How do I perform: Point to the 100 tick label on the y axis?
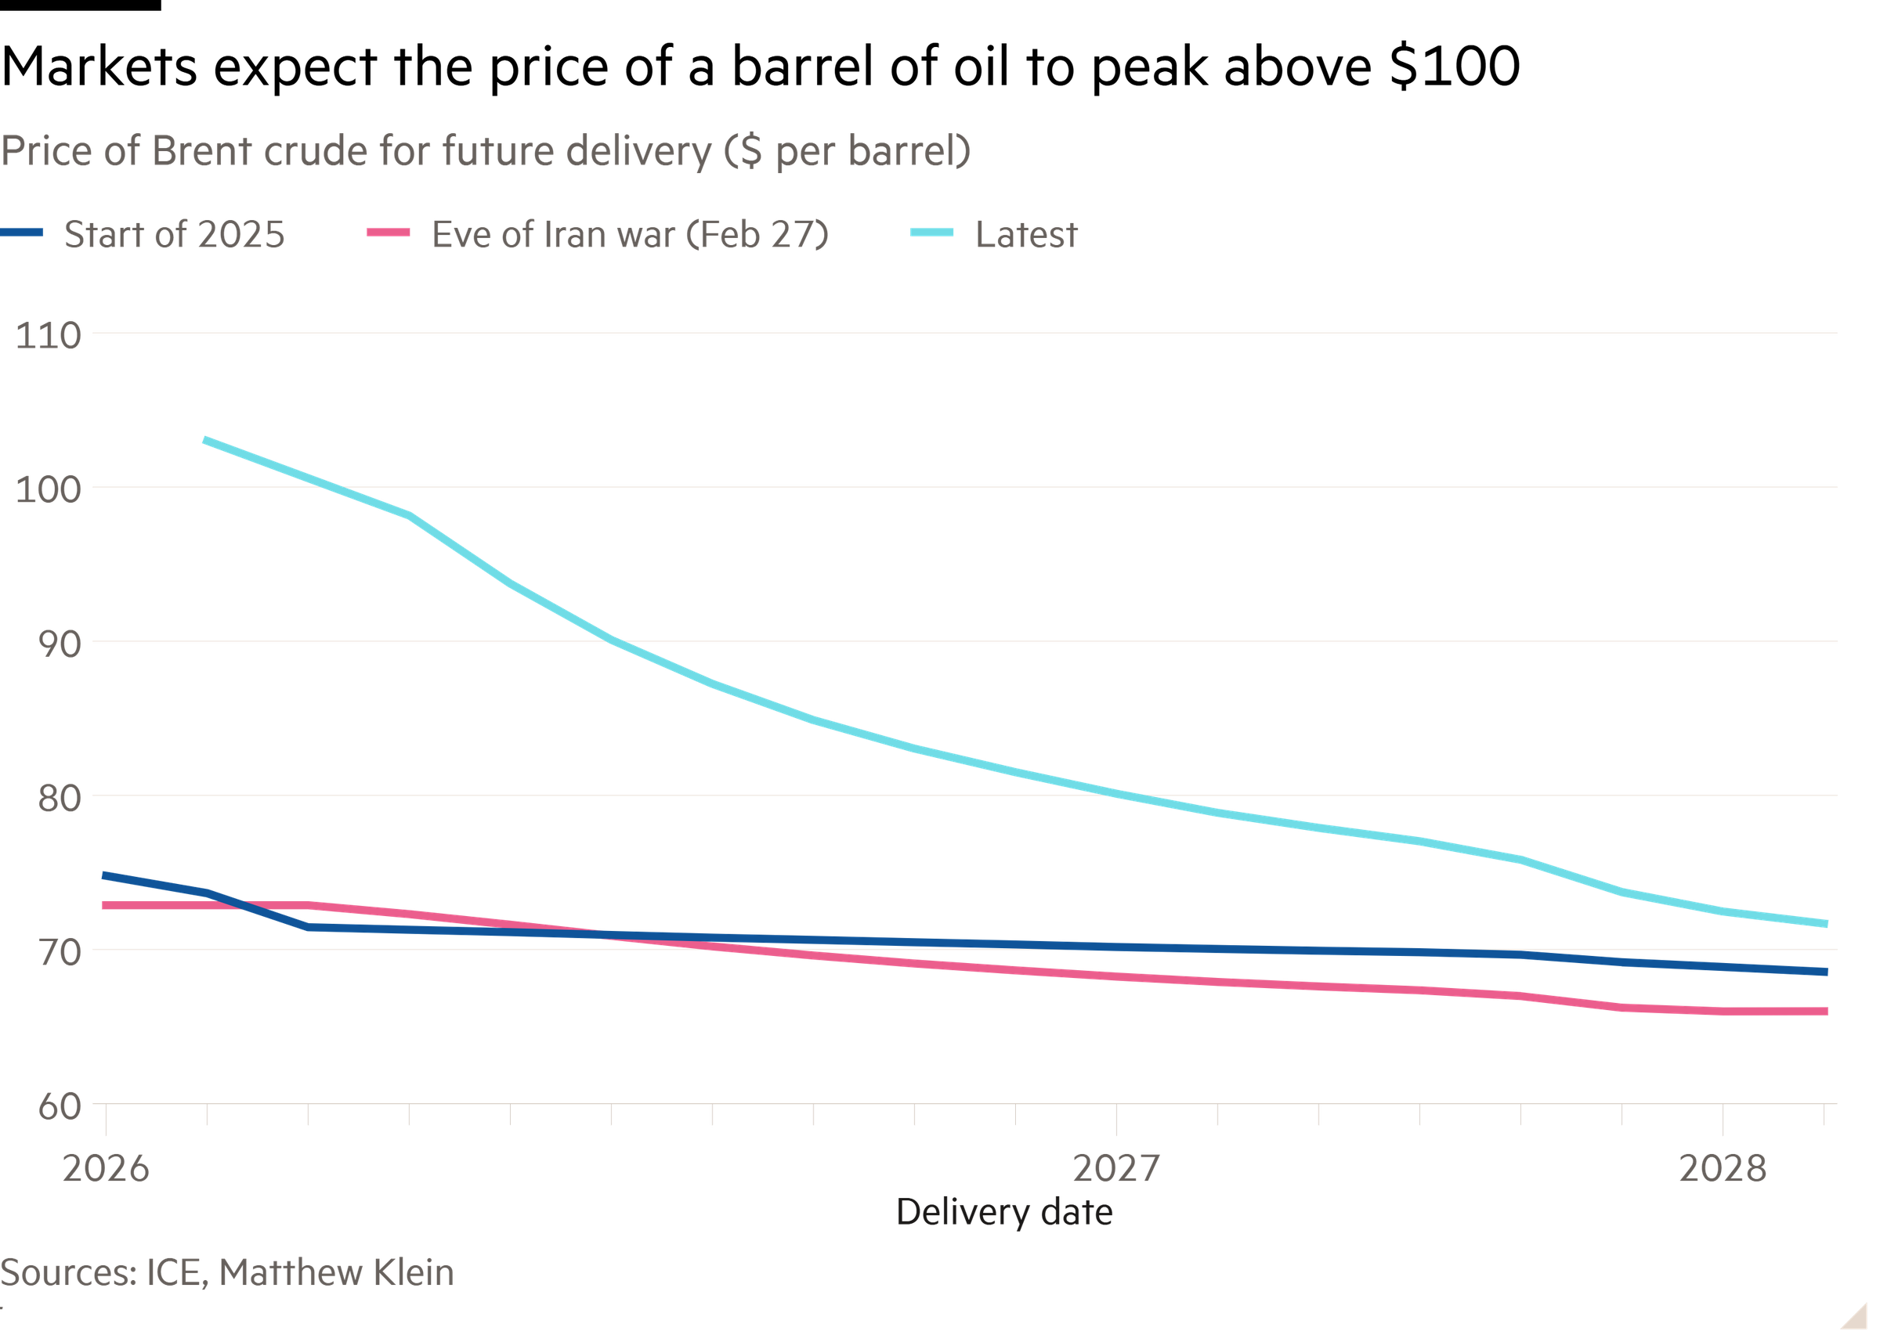pyautogui.click(x=48, y=490)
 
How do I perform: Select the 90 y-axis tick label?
pyautogui.click(x=60, y=644)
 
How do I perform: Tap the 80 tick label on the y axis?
pyautogui.click(x=60, y=799)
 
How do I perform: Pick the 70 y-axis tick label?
pyautogui.click(x=60, y=953)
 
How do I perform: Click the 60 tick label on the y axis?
pyautogui.click(x=60, y=1106)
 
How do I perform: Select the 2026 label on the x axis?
pyautogui.click(x=106, y=1168)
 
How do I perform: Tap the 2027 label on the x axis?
pyautogui.click(x=1115, y=1168)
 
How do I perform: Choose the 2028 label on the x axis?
pyautogui.click(x=1722, y=1168)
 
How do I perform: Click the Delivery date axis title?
pyautogui.click(x=1003, y=1212)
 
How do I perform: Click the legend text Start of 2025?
pyautogui.click(x=175, y=235)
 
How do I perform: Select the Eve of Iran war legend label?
pyautogui.click(x=630, y=235)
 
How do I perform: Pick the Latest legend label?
pyautogui.click(x=1026, y=235)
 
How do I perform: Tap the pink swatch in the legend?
pyautogui.click(x=389, y=233)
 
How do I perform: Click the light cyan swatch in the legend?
pyautogui.click(x=931, y=233)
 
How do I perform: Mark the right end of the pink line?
pyautogui.click(x=1827, y=1012)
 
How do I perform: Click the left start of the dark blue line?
pyautogui.click(x=103, y=875)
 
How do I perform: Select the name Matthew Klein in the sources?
pyautogui.click(x=337, y=1272)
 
